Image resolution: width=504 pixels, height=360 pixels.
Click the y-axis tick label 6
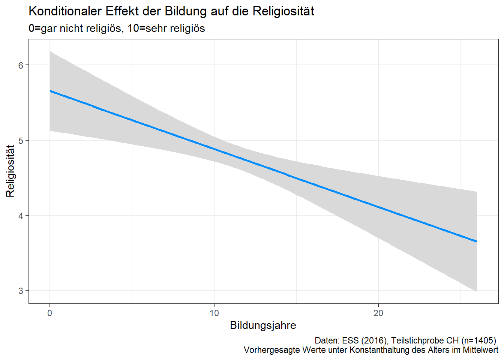coord(21,65)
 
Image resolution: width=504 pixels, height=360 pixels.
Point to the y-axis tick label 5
coord(21,141)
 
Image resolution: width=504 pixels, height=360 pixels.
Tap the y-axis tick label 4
coord(21,216)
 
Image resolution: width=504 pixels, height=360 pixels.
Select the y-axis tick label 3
coord(21,291)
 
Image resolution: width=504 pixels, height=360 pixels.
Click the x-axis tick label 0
coord(50,313)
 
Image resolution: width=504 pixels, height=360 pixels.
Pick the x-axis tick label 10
coord(214,313)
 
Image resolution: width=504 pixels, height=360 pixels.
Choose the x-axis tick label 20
coord(378,313)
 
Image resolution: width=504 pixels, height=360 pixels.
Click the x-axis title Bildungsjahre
coord(263,325)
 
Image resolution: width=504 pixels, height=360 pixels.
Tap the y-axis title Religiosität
coord(10,171)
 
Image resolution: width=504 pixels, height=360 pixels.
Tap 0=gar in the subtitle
coord(42,28)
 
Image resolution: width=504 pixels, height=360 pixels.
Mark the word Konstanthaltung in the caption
coord(378,350)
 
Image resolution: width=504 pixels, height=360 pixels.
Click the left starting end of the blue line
coord(50,91)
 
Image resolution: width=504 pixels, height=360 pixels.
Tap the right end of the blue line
coord(477,241)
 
